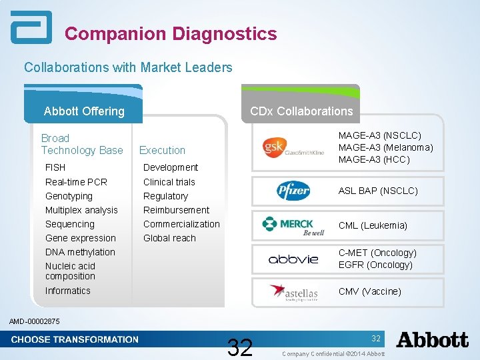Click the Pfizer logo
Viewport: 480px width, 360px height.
(293, 191)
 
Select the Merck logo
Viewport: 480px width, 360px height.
(293, 226)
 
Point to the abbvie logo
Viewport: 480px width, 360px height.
(293, 259)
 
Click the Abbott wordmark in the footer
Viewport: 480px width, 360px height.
(432, 340)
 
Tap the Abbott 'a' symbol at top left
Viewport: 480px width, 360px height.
(31, 28)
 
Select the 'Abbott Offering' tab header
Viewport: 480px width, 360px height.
(84, 111)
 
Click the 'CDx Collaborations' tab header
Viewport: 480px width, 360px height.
(301, 111)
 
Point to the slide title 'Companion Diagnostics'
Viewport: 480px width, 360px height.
(171, 33)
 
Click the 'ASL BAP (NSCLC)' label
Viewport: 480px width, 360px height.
(378, 191)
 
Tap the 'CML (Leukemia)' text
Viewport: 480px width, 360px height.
(373, 225)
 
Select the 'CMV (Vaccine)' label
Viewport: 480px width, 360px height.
(370, 291)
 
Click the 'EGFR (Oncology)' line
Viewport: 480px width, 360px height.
(375, 265)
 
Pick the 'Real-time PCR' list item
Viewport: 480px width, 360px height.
(76, 182)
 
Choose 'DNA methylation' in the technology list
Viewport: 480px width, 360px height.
(80, 252)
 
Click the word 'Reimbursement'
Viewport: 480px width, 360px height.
(176, 210)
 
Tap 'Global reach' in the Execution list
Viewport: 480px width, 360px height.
(169, 238)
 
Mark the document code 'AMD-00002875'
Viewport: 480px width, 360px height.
(35, 322)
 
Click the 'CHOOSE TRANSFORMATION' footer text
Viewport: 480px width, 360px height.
(75, 339)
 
